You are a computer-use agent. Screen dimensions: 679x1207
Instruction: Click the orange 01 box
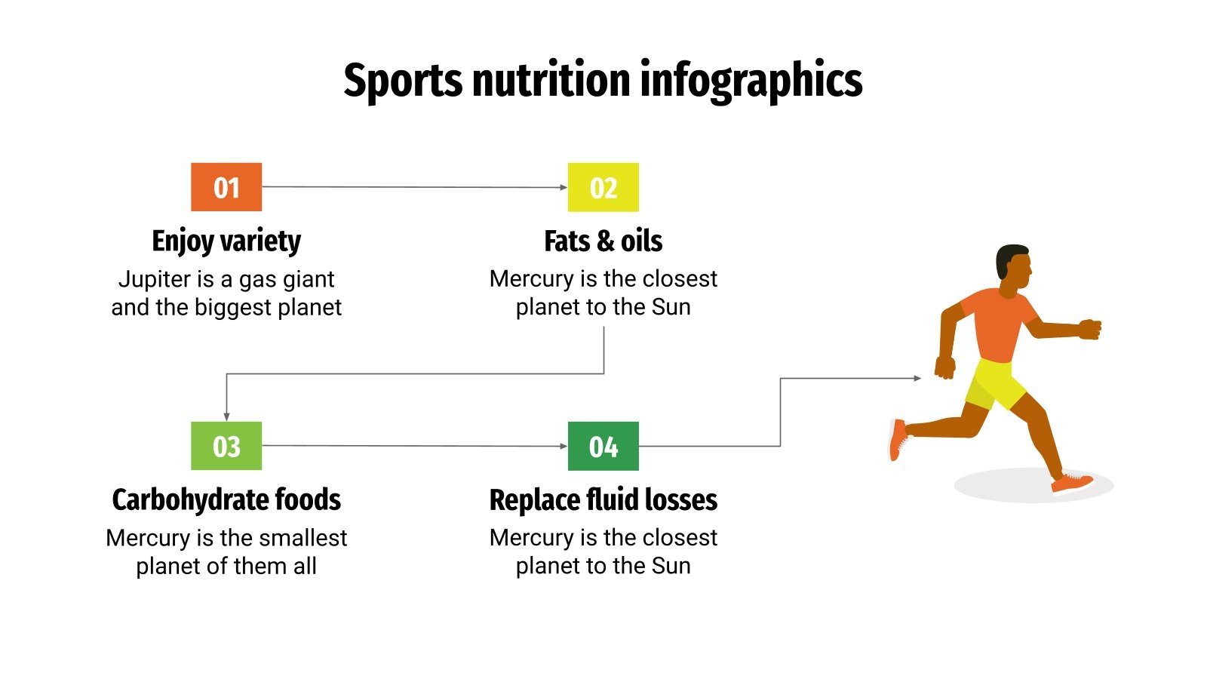(226, 187)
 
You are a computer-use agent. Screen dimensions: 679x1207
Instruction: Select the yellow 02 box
(603, 187)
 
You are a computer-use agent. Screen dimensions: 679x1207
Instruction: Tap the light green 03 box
(226, 446)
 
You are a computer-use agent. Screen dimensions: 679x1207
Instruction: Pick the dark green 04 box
(603, 446)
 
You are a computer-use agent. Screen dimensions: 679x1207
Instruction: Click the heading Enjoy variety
(226, 241)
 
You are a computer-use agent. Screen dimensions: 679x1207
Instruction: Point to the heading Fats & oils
(603, 241)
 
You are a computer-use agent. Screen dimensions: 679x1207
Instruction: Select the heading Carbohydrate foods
(226, 500)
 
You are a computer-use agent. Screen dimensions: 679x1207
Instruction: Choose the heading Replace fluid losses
(603, 500)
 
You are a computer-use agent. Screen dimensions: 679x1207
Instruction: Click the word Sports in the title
(403, 80)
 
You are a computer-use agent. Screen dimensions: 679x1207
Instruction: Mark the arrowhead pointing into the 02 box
(563, 187)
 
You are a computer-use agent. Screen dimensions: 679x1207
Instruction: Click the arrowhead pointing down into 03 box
(226, 416)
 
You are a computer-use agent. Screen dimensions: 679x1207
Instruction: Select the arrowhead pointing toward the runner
(917, 378)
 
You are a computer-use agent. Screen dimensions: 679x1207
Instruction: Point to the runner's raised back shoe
(897, 439)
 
